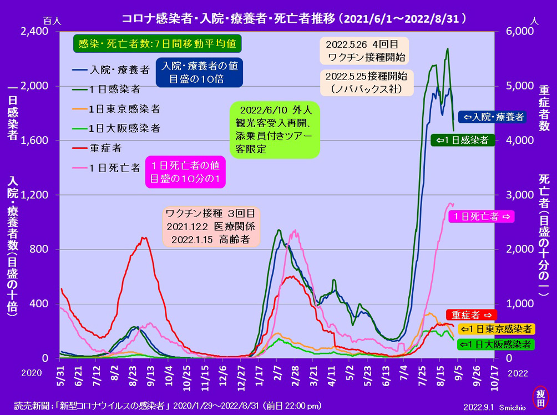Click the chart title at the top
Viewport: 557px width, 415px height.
(294, 18)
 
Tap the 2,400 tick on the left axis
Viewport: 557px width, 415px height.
(34, 31)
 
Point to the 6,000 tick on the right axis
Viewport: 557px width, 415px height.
(520, 31)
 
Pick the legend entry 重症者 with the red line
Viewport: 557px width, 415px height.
(97, 148)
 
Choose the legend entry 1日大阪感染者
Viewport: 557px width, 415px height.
(116, 128)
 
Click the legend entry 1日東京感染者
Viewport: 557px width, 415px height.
(116, 109)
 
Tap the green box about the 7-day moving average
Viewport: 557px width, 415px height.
(158, 44)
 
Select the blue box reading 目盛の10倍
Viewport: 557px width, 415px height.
(199, 73)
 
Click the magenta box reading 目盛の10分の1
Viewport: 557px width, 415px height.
(185, 172)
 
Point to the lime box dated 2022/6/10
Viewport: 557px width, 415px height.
(275, 130)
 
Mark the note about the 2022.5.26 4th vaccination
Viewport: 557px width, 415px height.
(364, 51)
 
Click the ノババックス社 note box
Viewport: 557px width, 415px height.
(367, 83)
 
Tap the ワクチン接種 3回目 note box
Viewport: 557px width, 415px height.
(211, 227)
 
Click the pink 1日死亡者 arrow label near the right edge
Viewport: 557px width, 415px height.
(482, 217)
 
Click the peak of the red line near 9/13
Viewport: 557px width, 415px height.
(143, 238)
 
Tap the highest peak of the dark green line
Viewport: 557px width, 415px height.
(448, 49)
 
